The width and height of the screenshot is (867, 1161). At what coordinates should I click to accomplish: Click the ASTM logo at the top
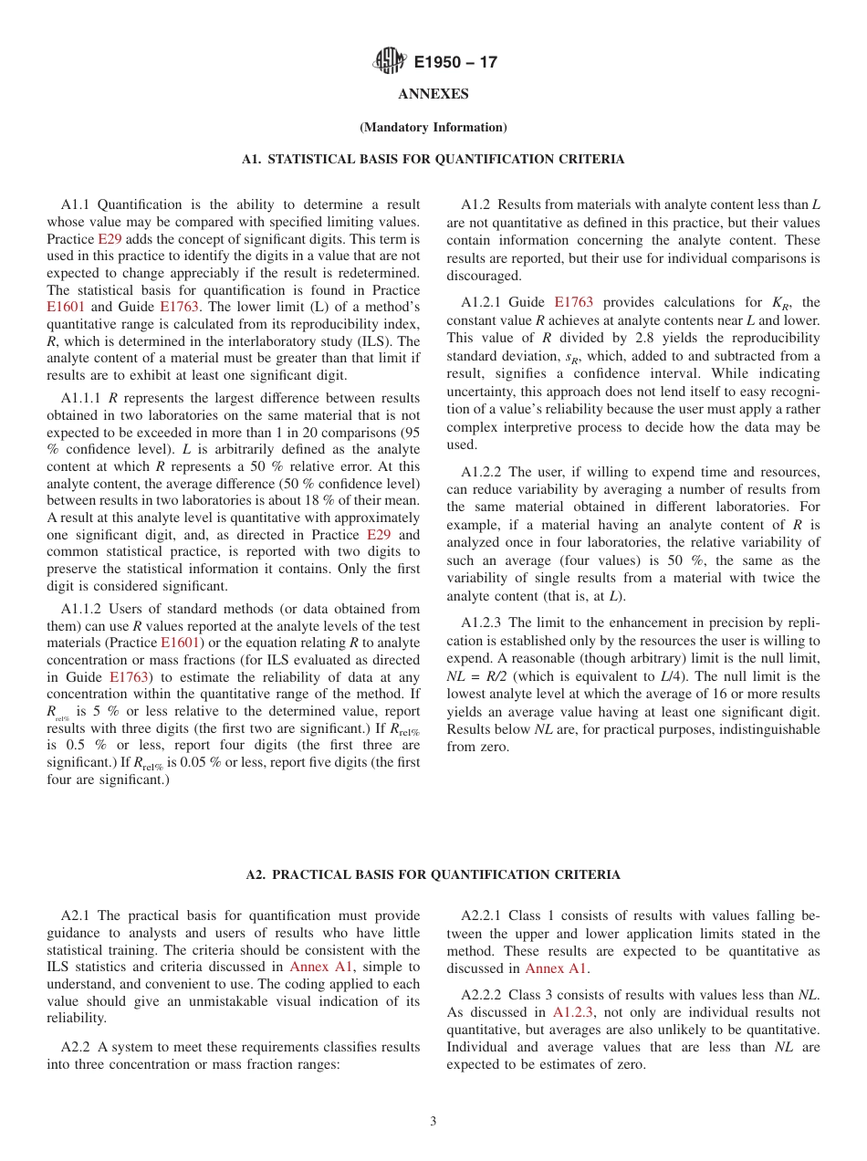coord(390,62)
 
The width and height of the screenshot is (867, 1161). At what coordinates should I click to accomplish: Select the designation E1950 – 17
coord(455,63)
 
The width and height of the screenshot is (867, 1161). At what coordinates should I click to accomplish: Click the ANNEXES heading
coord(433,94)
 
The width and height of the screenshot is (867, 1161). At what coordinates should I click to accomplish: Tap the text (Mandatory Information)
coord(433,127)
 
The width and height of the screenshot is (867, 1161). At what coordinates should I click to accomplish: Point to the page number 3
coord(433,1122)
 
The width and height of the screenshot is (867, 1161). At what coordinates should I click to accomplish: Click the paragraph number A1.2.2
coord(481,472)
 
